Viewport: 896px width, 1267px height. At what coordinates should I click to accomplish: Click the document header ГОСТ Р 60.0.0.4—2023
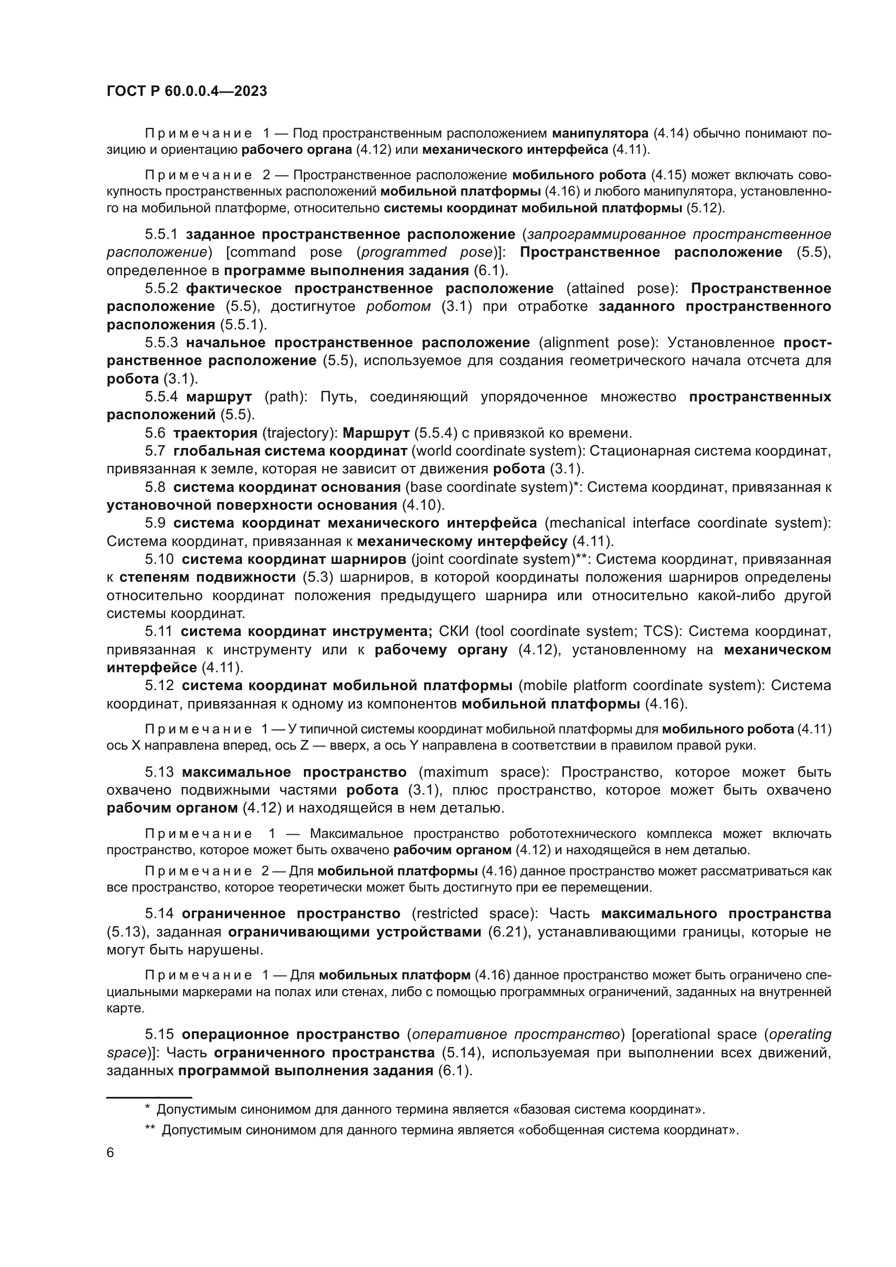(x=186, y=91)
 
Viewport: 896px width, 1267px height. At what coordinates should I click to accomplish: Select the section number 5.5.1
(x=161, y=235)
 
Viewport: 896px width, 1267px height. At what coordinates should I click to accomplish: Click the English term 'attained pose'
(x=622, y=289)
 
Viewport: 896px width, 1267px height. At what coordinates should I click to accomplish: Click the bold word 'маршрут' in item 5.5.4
(x=219, y=397)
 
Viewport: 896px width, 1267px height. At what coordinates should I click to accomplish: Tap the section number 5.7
(x=155, y=451)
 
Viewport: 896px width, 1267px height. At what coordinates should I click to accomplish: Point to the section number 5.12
(x=159, y=685)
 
